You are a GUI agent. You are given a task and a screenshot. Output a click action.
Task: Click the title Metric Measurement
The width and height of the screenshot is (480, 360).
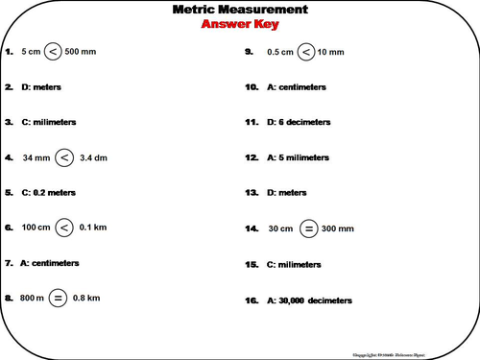click(x=240, y=10)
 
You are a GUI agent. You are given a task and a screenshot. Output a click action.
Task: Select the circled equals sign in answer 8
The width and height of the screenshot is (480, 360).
click(x=58, y=298)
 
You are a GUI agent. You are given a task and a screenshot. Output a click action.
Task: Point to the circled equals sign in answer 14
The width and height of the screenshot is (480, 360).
click(x=309, y=228)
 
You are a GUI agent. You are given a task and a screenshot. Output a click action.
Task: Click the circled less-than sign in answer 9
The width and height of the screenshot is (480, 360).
click(x=305, y=51)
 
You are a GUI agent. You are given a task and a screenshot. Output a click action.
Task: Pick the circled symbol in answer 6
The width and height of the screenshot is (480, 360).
click(x=62, y=228)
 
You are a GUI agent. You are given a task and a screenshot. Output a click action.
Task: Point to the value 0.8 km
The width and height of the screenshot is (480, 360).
click(x=91, y=298)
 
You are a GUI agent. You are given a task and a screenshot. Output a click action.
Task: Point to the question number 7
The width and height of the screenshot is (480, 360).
click(x=9, y=262)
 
